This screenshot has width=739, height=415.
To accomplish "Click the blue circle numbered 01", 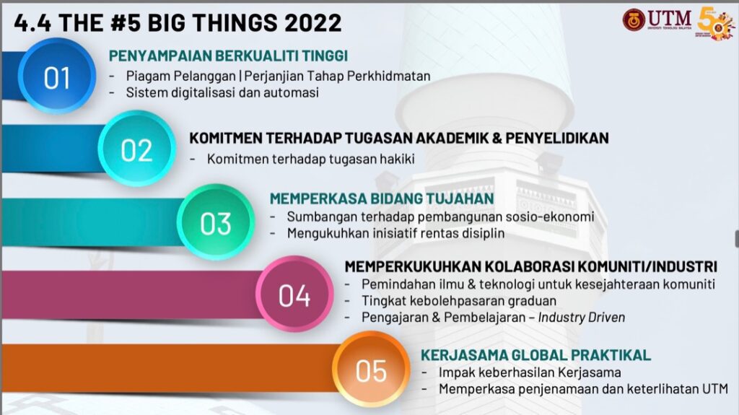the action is pos(57,76).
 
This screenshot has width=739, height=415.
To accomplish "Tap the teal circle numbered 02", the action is pos(136,149).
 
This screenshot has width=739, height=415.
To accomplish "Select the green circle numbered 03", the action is pos(216,222).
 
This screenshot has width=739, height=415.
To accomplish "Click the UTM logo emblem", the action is pos(634,19).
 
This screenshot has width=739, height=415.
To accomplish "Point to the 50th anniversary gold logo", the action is pos(715,22).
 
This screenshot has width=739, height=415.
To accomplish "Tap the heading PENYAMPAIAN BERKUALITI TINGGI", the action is pos(228,56).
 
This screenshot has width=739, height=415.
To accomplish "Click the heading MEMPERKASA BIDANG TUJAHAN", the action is pos(382,198).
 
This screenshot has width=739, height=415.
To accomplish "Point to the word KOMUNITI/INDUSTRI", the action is pos(647,266).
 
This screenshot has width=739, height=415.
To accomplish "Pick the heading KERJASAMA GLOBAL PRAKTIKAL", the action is pos(536,354).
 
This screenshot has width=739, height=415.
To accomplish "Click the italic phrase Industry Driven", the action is pos(582,318).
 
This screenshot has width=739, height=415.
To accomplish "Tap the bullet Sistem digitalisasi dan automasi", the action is pos(222,92).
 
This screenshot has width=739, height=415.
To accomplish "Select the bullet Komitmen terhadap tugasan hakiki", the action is pos(310,159).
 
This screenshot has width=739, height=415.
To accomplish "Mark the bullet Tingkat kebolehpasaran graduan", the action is pos(459,301).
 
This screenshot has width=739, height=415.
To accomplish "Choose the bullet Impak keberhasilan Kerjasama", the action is pos(530,372).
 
